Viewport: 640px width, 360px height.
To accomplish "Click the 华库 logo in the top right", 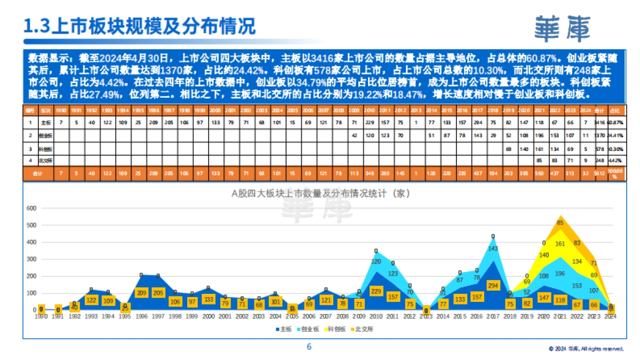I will [x=563, y=28].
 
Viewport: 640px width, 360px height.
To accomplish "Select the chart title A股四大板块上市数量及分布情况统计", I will [x=320, y=194].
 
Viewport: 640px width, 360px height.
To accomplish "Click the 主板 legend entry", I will [x=284, y=329].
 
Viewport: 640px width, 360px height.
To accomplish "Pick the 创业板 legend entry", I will [x=309, y=329].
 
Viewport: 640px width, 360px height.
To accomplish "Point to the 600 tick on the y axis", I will [x=31, y=208].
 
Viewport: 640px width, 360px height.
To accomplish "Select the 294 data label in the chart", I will [x=493, y=285].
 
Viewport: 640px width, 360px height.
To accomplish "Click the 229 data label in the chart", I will [x=377, y=291].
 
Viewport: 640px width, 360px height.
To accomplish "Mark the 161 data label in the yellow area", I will [x=560, y=244].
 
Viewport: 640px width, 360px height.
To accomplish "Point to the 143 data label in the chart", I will [x=493, y=248].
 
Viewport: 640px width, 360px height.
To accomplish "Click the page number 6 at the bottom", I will [x=309, y=347].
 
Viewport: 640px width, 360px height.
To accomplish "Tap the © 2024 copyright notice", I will [x=586, y=349].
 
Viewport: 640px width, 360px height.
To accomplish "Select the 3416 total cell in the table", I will [x=600, y=122].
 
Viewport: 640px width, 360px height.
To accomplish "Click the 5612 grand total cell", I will [x=600, y=174].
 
